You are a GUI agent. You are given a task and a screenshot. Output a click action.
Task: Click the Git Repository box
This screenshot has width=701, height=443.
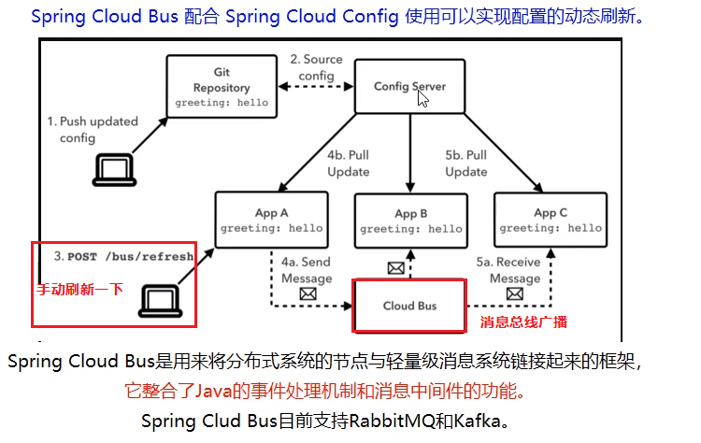pos(222,86)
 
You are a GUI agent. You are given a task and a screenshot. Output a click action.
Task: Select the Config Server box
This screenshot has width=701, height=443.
pos(409,87)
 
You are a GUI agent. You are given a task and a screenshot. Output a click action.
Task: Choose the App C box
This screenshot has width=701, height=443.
pos(550,220)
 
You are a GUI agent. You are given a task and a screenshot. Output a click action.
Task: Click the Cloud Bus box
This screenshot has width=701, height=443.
pos(409,306)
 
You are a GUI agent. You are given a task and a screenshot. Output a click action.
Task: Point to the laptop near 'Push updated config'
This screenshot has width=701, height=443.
pos(114,168)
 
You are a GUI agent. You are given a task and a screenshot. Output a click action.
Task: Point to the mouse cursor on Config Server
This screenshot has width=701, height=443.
pos(423,97)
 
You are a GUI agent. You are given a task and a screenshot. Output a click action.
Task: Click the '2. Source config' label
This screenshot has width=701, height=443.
pos(316,67)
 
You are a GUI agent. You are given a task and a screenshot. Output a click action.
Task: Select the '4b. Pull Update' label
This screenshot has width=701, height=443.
pos(348,163)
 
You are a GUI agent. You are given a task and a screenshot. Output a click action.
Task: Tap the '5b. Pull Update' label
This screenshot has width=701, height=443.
pos(465,163)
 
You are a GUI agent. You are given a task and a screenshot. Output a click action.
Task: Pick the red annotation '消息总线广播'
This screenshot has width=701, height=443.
pos(523,322)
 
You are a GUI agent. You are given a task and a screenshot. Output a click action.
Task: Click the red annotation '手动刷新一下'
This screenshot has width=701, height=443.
pos(80,289)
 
